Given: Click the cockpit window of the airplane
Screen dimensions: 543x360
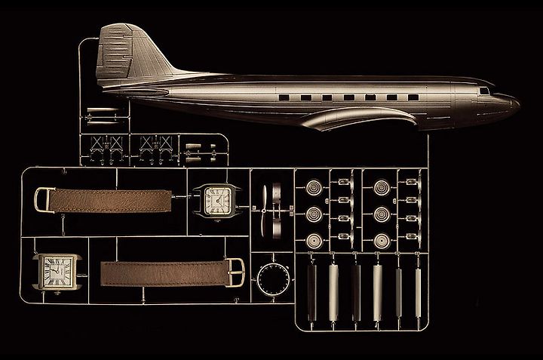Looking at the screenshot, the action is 482,92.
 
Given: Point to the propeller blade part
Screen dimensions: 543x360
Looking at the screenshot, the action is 259,208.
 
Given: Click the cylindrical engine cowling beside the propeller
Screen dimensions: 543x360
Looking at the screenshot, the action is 277,208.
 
